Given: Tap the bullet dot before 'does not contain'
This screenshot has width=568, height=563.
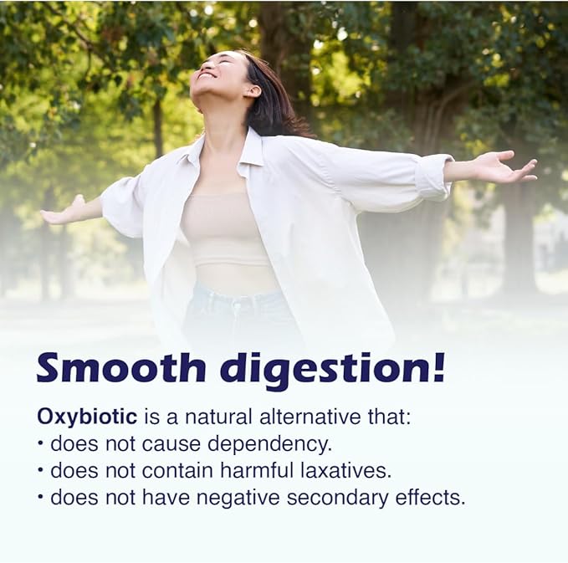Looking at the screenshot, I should coord(40,470).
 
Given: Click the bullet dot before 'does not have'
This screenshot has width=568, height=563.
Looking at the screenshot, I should coord(40,497).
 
